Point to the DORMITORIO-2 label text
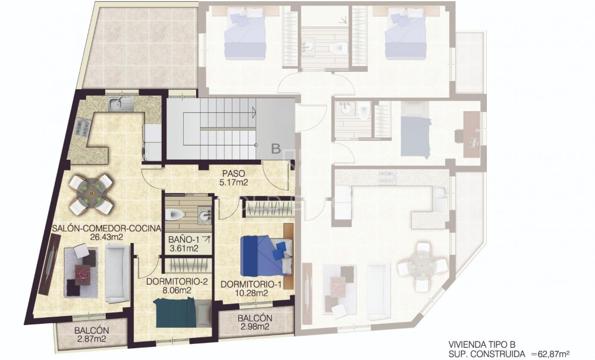pos(178,286)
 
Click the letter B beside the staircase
pos(276,149)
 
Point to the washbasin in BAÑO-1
pos(205,215)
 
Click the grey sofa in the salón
pos(117,273)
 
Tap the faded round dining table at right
pos(421,262)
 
